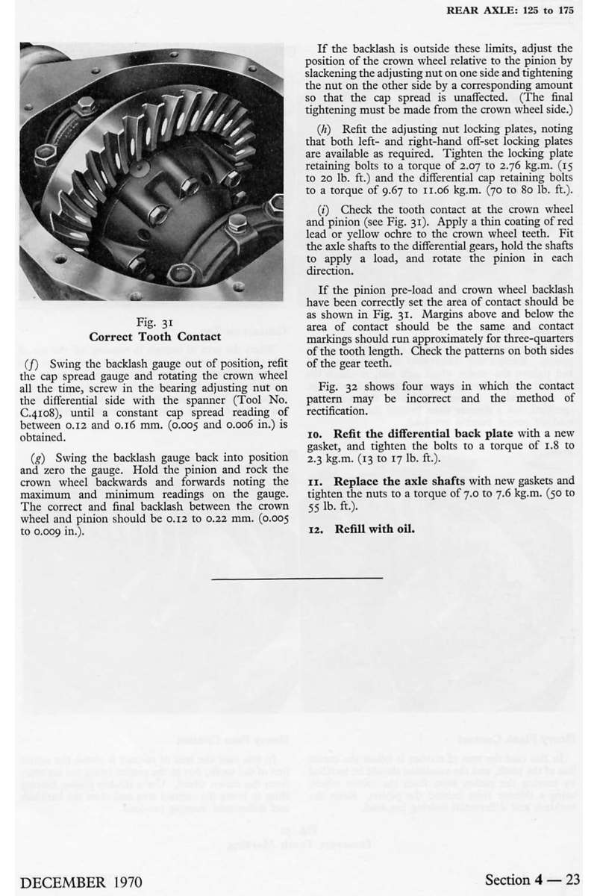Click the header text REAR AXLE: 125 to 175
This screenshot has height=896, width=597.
click(x=519, y=11)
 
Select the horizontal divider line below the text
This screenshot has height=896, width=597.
click(x=297, y=577)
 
